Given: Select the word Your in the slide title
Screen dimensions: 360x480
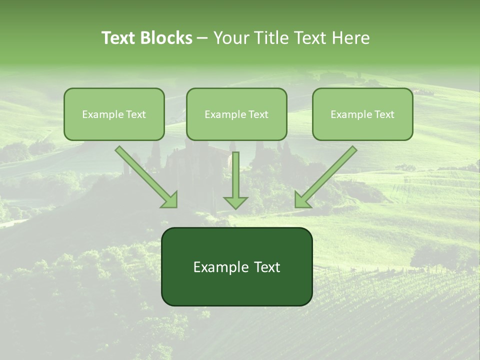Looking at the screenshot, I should point(230,38).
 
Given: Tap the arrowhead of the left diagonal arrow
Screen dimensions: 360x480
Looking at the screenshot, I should point(170,199).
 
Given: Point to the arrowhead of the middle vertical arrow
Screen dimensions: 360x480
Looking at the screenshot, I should point(235,202).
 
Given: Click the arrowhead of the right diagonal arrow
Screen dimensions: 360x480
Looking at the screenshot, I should point(302,199).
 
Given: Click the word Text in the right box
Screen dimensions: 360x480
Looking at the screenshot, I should point(384,114).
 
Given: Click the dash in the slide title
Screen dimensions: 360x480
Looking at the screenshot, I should point(202,38).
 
